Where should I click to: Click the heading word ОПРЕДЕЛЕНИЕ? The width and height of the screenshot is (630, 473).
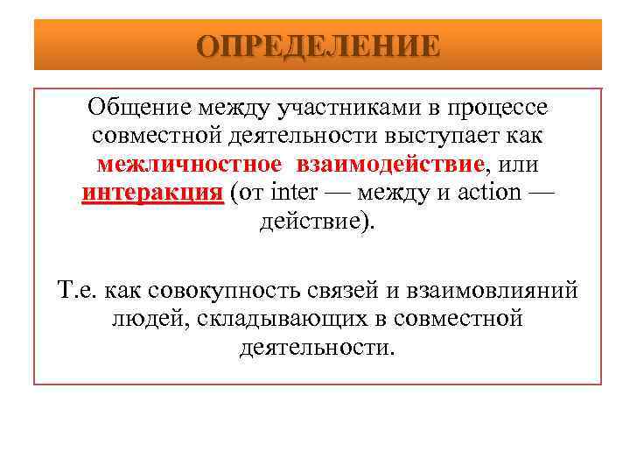tap(318, 46)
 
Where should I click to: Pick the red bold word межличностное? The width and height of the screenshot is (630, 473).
tap(189, 164)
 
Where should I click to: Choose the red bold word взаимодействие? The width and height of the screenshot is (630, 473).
tap(389, 164)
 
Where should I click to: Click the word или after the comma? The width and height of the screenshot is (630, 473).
tap(523, 164)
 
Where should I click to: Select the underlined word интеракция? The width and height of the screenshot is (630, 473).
tap(152, 192)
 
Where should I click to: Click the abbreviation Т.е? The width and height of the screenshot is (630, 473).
tap(80, 290)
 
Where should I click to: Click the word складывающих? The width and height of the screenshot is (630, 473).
tap(269, 319)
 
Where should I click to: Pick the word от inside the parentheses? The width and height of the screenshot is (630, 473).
tap(251, 192)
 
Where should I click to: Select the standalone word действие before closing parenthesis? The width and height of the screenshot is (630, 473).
tap(311, 220)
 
